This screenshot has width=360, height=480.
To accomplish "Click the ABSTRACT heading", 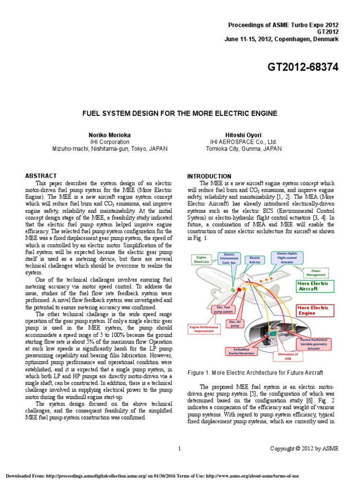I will pos(41,176).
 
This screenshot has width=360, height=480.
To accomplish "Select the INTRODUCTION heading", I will pos(209,176).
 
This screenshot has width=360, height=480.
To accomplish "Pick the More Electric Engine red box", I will pos(313,310).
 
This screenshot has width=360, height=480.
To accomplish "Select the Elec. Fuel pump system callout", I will pos(224,309).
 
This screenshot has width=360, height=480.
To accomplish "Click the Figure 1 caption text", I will pos(255,373).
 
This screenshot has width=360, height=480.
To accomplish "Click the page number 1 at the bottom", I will pos(180,449).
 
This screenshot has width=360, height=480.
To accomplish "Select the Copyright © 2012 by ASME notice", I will pos(304,449).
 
